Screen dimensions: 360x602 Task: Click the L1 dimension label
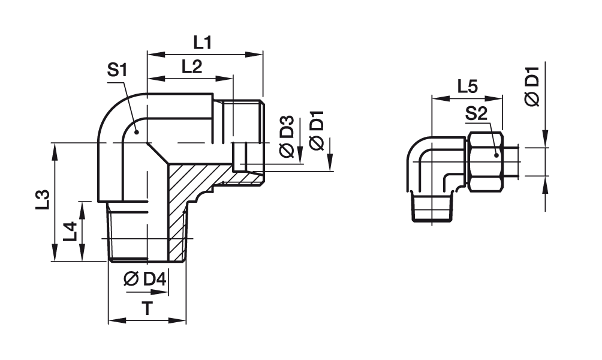(203, 42)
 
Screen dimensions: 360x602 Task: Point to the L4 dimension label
(70, 231)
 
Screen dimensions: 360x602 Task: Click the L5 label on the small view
(466, 86)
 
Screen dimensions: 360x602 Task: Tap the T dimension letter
(146, 308)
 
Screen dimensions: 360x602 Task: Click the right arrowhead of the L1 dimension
(259, 55)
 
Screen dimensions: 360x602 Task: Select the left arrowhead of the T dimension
(112, 320)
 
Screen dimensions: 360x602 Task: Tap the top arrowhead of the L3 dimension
(55, 148)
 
